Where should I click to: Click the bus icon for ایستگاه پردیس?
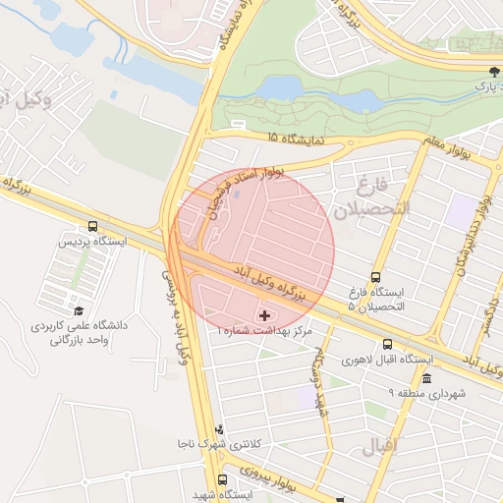93,225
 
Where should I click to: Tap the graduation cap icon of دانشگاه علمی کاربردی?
78,311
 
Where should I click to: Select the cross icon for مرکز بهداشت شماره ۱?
265,315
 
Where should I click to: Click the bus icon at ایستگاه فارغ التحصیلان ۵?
375,278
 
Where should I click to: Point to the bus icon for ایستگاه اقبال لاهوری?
388,345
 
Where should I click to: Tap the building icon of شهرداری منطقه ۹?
426,378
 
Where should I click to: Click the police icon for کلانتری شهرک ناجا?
219,429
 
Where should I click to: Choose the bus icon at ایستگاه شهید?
222,479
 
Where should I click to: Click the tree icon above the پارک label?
494,72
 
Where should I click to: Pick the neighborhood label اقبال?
382,446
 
